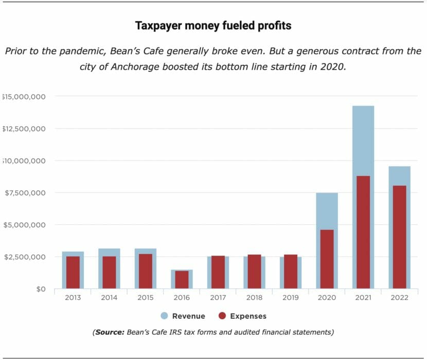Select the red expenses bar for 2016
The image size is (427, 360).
(x=182, y=279)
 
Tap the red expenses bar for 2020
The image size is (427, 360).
(x=327, y=259)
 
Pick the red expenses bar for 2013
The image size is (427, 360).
(x=73, y=272)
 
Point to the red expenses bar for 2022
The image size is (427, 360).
(x=399, y=237)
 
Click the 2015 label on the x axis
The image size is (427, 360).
(x=145, y=298)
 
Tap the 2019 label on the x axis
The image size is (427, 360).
(x=290, y=298)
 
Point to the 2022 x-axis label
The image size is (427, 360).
(x=399, y=298)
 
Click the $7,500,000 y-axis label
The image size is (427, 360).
(x=24, y=193)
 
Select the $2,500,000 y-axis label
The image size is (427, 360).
(x=24, y=257)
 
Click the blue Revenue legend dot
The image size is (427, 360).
(x=165, y=316)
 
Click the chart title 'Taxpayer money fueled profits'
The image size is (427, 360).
(x=213, y=25)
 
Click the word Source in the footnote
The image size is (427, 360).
(x=110, y=332)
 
